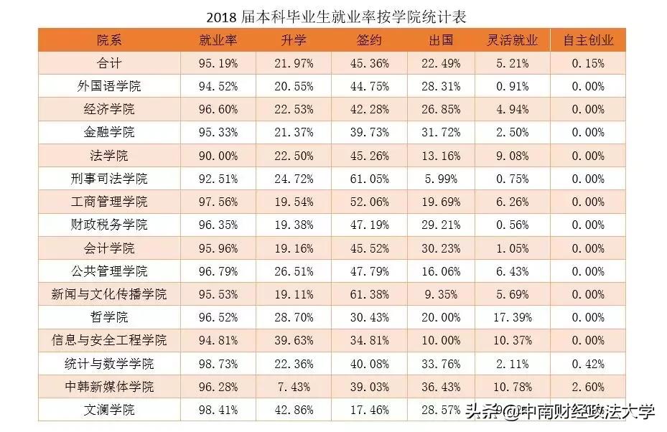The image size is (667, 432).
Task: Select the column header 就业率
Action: (218, 40)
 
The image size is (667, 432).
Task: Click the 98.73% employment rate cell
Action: (218, 364)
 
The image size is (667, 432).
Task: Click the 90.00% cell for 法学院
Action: (218, 156)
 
